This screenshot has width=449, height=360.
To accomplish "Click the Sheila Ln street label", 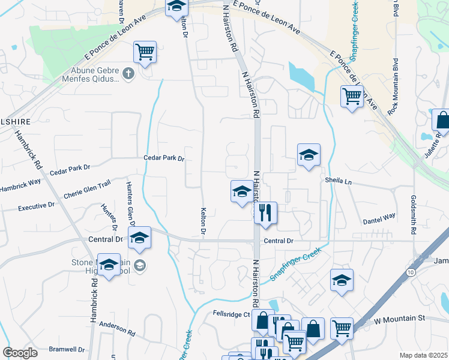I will pyautogui.click(x=337, y=180).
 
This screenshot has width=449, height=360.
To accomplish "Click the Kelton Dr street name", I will pyautogui.click(x=203, y=221).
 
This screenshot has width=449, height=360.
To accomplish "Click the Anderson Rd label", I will pyautogui.click(x=118, y=328).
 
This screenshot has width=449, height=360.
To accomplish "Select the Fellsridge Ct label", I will pyautogui.click(x=231, y=314).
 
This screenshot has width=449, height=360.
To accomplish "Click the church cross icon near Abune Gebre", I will pyautogui.click(x=127, y=74).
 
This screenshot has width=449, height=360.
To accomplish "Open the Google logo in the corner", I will pyautogui.click(x=20, y=353).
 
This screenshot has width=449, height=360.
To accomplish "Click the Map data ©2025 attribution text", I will pyautogui.click(x=423, y=355).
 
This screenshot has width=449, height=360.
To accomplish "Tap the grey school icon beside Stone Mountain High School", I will pyautogui.click(x=140, y=265).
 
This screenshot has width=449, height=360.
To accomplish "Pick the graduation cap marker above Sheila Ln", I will pyautogui.click(x=309, y=155).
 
